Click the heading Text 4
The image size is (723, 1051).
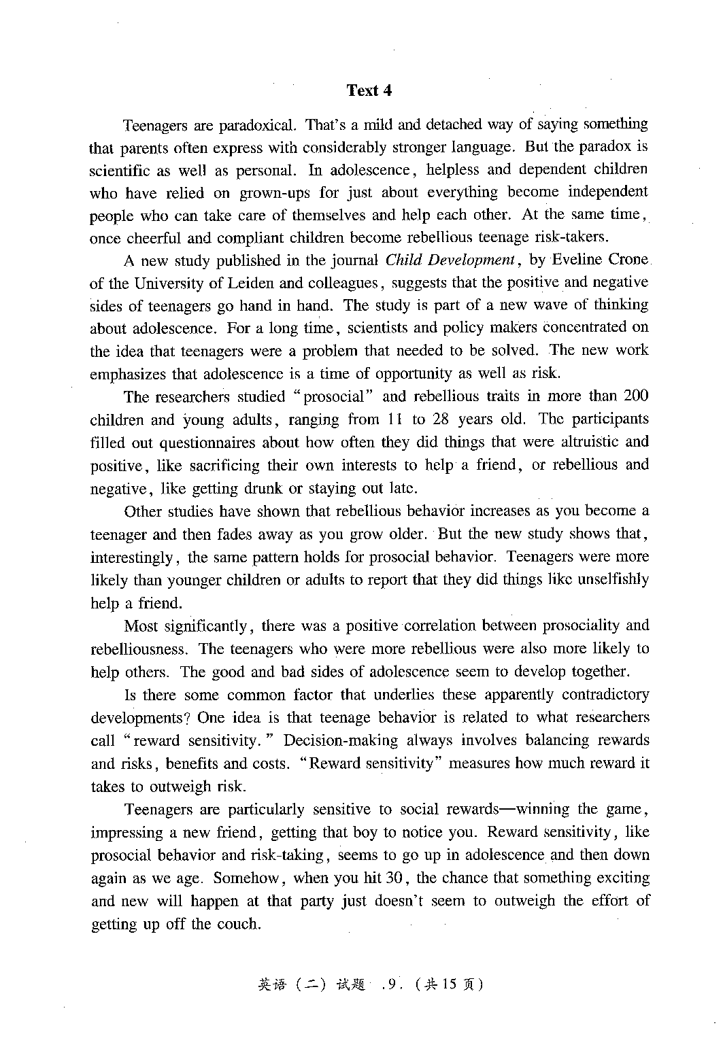click(x=369, y=90)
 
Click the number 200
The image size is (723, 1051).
click(x=636, y=396)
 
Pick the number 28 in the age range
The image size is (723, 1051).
click(x=441, y=419)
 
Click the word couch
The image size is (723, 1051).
click(x=238, y=925)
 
